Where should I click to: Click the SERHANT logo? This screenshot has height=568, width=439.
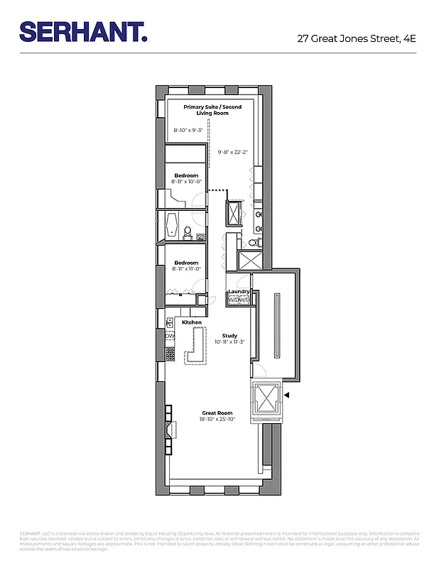pyautogui.click(x=84, y=31)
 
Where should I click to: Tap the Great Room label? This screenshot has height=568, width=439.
pyautogui.click(x=217, y=413)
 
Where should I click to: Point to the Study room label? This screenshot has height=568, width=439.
pyautogui.click(x=229, y=336)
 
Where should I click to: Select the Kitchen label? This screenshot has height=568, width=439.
pyautogui.click(x=192, y=322)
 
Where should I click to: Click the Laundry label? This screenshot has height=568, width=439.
pyautogui.click(x=238, y=293)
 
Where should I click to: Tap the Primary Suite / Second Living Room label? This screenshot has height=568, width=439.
pyautogui.click(x=212, y=110)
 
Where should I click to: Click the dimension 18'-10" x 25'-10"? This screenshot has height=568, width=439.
pyautogui.click(x=217, y=420)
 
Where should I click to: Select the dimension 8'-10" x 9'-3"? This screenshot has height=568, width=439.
pyautogui.click(x=188, y=130)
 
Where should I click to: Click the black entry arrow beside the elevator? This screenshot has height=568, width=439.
pyautogui.click(x=287, y=395)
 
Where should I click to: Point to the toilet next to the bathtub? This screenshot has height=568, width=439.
pyautogui.click(x=188, y=232)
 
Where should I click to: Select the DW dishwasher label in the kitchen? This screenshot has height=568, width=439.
pyautogui.click(x=170, y=337)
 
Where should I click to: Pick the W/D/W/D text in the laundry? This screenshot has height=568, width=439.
pyautogui.click(x=238, y=300)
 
